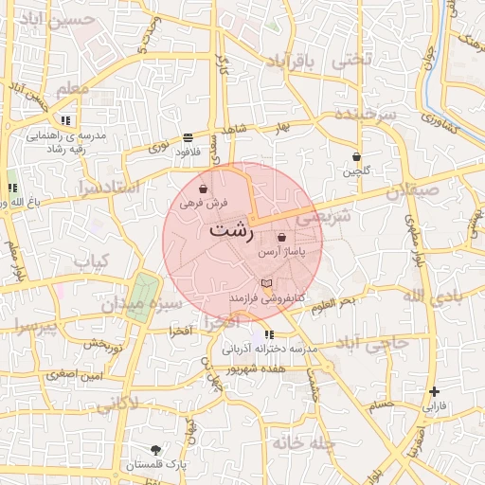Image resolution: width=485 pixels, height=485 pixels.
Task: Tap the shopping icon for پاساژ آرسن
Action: [x=281, y=237]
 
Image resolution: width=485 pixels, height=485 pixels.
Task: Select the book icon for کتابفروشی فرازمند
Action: [x=267, y=283]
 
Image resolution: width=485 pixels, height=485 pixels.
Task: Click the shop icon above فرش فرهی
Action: [x=204, y=188]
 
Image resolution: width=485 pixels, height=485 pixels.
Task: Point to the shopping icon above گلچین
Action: [x=356, y=156]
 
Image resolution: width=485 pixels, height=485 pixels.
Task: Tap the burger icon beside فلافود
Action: [x=188, y=138]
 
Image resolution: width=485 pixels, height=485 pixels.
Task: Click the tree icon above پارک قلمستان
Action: [x=155, y=449]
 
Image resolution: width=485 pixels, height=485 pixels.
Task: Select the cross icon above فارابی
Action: [x=434, y=391]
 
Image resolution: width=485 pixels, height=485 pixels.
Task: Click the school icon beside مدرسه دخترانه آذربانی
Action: [x=270, y=334]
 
